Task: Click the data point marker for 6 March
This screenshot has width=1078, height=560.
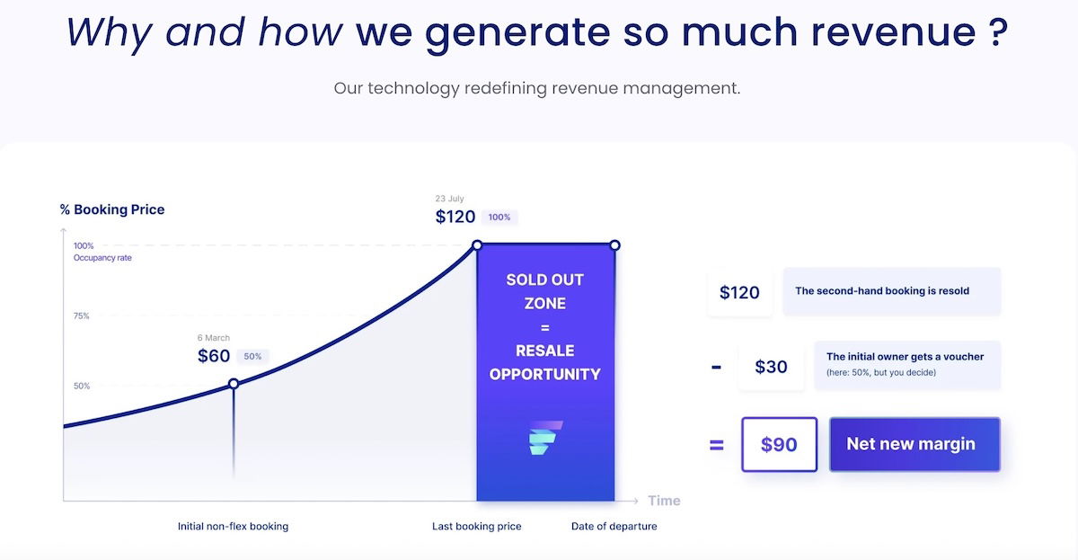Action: pos(234,384)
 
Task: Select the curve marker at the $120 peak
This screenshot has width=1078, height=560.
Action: pos(477,245)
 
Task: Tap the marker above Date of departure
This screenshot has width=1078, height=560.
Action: pos(614,245)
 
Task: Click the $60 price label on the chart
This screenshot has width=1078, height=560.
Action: pos(214,356)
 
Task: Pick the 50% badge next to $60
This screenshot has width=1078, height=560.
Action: pos(252,356)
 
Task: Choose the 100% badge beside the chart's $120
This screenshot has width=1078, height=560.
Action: pos(499,218)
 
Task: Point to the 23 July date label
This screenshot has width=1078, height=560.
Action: pos(449,199)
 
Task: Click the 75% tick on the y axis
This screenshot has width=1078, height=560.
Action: pos(82,316)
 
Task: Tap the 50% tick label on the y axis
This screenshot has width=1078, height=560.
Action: pos(82,386)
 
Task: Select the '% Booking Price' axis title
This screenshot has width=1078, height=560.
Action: pos(112,209)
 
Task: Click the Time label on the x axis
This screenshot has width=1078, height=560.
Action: pos(664,501)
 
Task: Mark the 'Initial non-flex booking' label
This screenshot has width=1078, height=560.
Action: pos(233,527)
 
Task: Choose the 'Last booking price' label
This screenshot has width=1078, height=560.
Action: pos(476,527)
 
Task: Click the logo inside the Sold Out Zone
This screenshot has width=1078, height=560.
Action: pos(545,438)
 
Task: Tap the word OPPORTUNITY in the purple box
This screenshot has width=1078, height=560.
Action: pos(544,374)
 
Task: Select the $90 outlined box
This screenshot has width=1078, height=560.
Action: pos(779,444)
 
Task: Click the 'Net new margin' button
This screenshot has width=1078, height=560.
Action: pos(915,444)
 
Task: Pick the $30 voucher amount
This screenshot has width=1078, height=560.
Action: pos(771,367)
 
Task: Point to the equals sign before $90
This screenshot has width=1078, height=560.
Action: pos(717,444)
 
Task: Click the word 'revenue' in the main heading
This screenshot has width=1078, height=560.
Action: pos(894,32)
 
